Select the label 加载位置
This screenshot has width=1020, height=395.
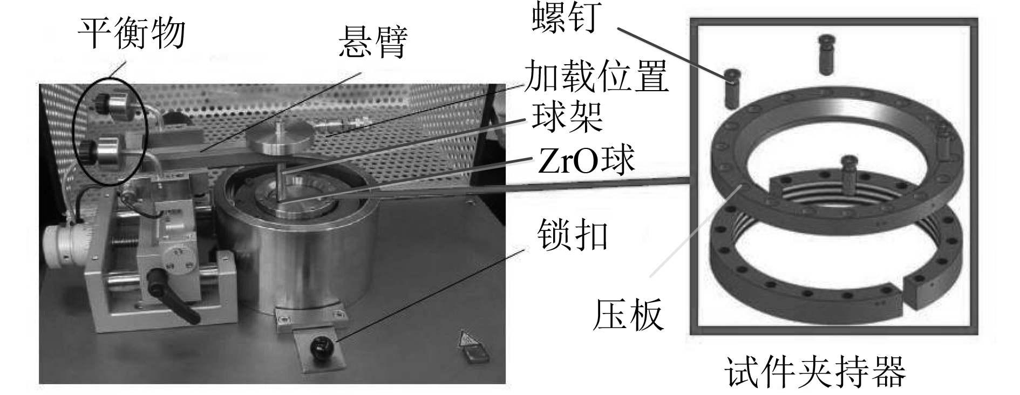[596, 76]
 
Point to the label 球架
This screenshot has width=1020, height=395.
[567, 117]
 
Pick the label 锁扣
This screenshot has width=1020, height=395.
[573, 236]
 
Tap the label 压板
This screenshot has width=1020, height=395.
[628, 315]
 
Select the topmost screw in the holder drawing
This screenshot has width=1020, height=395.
[827, 53]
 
